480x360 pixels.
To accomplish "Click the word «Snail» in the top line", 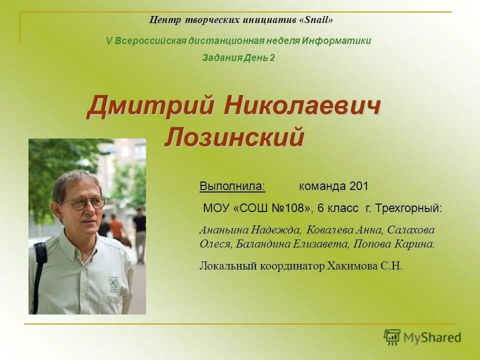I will click(x=316, y=20).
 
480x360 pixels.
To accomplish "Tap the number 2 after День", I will click(x=272, y=58).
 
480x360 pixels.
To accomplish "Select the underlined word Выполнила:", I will click(x=232, y=186).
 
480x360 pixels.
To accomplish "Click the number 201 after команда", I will click(x=359, y=186).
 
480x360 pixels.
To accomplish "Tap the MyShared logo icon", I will click(x=391, y=337).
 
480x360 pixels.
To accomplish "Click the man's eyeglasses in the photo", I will click(x=83, y=202).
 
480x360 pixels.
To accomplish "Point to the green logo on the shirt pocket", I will click(x=113, y=284).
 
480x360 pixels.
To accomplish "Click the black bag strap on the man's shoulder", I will click(x=39, y=270).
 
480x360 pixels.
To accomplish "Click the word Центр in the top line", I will click(x=162, y=20).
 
